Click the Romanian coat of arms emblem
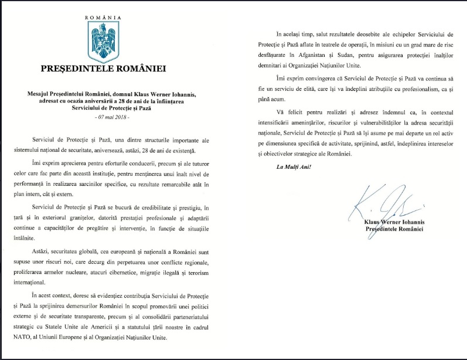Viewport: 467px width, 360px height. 103,42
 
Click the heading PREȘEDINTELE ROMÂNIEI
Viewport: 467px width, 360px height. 103,68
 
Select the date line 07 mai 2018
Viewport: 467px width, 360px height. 103,117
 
